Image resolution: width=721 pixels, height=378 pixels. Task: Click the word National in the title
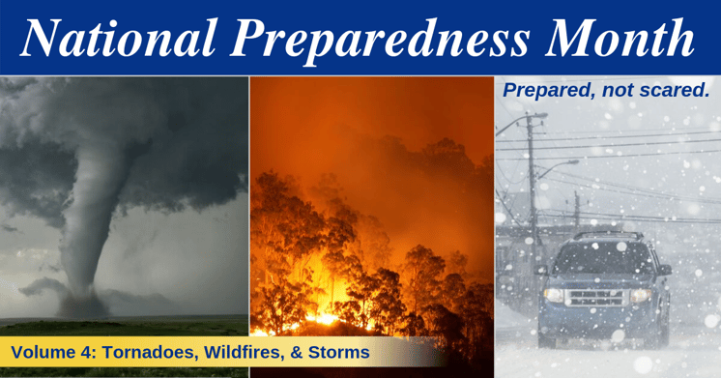pyautogui.click(x=120, y=39)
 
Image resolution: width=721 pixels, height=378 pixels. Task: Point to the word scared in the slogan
pyautogui.click(x=678, y=91)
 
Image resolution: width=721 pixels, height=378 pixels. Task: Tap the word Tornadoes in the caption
pyautogui.click(x=141, y=352)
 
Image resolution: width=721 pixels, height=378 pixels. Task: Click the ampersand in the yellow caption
pyautogui.click(x=290, y=352)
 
